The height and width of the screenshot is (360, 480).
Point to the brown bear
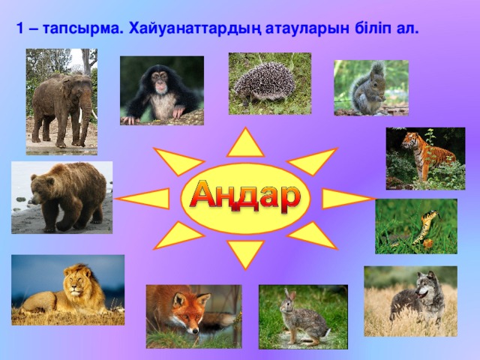[x=63, y=196]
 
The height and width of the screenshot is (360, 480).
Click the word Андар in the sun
[x=244, y=196]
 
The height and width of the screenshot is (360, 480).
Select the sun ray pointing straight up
[x=245, y=143]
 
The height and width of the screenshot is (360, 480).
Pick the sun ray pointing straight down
[x=245, y=253]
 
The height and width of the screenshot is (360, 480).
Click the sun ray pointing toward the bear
[x=146, y=198]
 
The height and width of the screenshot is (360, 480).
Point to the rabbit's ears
[x=289, y=295]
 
